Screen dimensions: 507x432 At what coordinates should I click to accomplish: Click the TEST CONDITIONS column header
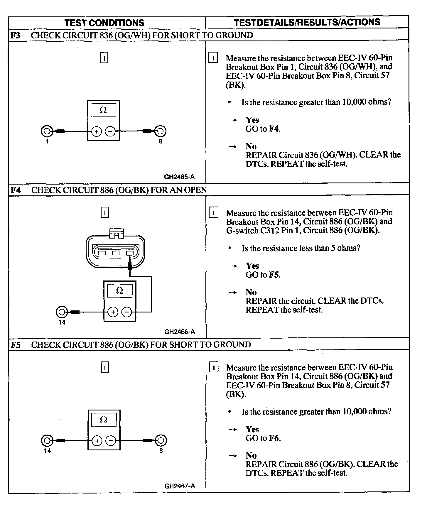[104, 23]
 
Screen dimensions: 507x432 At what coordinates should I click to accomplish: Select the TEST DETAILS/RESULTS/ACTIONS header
[307, 22]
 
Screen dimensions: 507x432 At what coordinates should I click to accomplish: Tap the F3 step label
[15, 35]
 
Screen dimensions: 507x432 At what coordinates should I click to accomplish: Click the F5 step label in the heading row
[16, 345]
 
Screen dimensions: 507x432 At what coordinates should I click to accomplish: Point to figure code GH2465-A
[179, 177]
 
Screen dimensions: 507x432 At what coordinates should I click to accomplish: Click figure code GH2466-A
[179, 332]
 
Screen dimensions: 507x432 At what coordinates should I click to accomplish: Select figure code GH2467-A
[179, 486]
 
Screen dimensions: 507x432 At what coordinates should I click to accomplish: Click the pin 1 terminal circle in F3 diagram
[47, 131]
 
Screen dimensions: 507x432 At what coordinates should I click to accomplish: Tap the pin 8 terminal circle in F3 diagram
[161, 131]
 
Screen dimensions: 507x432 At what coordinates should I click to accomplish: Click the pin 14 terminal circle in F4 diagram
[62, 312]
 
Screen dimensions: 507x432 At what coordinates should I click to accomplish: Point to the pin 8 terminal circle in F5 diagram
[161, 440]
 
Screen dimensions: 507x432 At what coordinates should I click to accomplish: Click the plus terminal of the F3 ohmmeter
[97, 131]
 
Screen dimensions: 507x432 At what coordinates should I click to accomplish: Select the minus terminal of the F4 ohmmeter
[127, 312]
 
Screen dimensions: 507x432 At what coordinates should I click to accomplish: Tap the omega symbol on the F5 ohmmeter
[104, 420]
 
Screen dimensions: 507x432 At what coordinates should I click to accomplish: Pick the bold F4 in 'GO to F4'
[274, 129]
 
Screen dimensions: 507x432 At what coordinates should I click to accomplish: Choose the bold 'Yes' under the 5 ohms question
[252, 266]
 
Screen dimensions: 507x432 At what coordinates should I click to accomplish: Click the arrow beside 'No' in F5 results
[232, 456]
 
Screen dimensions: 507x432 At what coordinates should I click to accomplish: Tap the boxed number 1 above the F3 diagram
[104, 58]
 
